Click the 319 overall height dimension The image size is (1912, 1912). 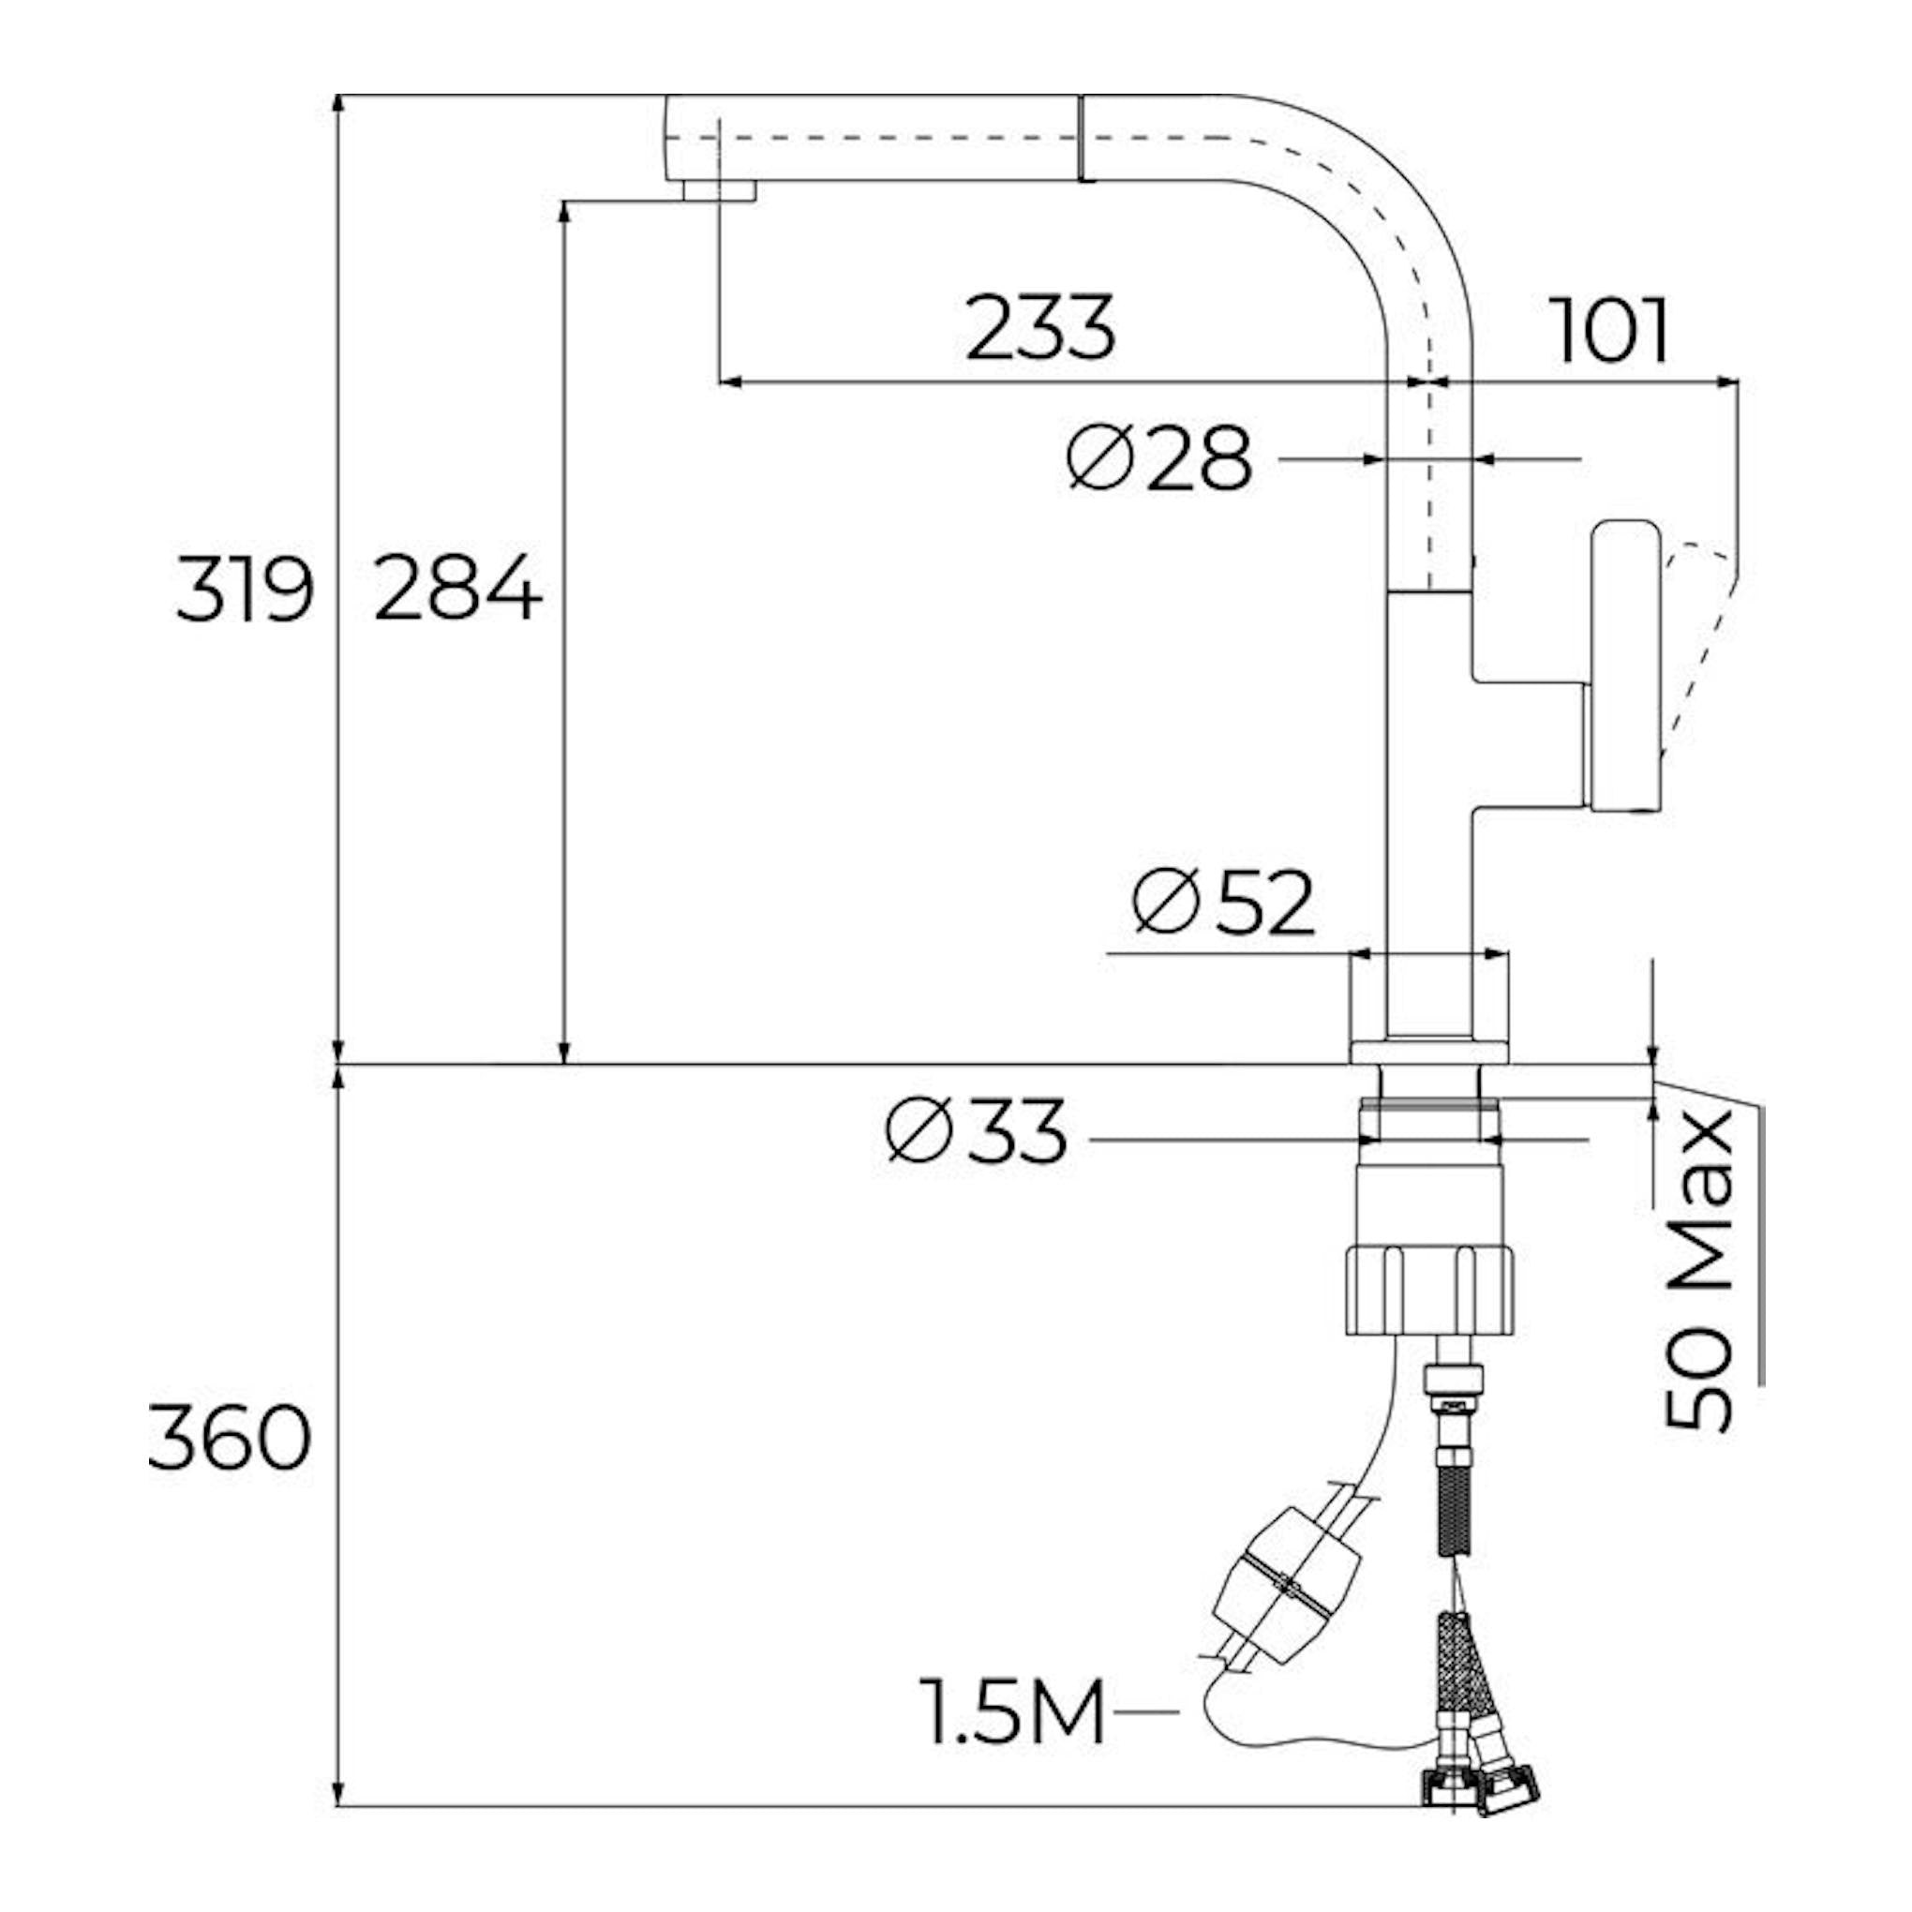(x=245, y=590)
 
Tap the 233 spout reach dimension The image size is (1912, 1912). (x=1040, y=328)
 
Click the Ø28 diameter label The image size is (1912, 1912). (x=1160, y=458)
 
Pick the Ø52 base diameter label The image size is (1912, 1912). (x=1224, y=902)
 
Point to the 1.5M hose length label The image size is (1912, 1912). (x=1012, y=1712)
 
